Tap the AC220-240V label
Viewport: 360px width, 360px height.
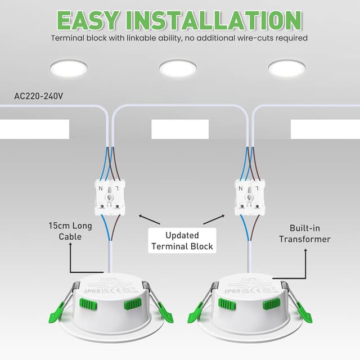39,96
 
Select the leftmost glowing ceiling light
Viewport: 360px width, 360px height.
68,68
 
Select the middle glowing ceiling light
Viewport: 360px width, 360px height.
178,68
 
